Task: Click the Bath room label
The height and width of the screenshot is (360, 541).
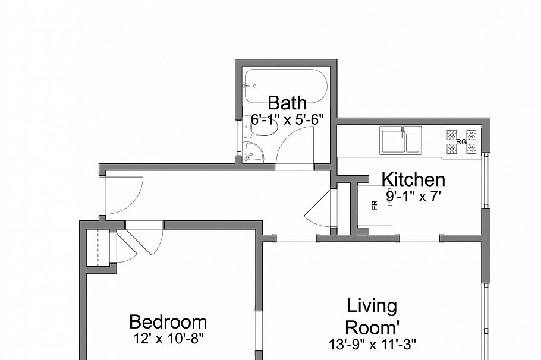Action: coord(287,102)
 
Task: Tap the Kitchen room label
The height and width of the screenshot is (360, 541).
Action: coord(413,179)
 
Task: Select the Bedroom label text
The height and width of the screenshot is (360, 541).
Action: coord(168,323)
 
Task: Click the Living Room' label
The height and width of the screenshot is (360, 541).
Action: coord(372,317)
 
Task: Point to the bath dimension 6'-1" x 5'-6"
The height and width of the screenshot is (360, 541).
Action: coord(287,119)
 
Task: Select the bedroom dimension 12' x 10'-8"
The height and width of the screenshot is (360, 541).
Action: coord(168,339)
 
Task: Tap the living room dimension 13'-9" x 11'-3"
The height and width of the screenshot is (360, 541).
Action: coord(372,343)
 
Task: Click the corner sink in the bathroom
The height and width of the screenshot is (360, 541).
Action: coord(254,152)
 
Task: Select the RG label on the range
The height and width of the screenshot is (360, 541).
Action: coord(461,141)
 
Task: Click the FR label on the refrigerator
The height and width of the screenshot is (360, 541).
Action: coord(375,205)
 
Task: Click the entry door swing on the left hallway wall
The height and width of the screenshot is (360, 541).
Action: coord(124,196)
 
